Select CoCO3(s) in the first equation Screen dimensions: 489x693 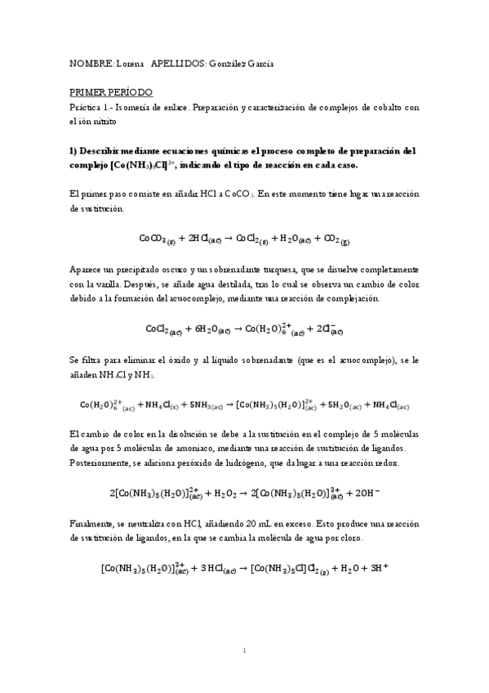pos(158,239)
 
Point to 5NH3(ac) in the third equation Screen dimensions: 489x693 pos(207,404)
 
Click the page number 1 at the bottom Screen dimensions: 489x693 pos(245,651)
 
